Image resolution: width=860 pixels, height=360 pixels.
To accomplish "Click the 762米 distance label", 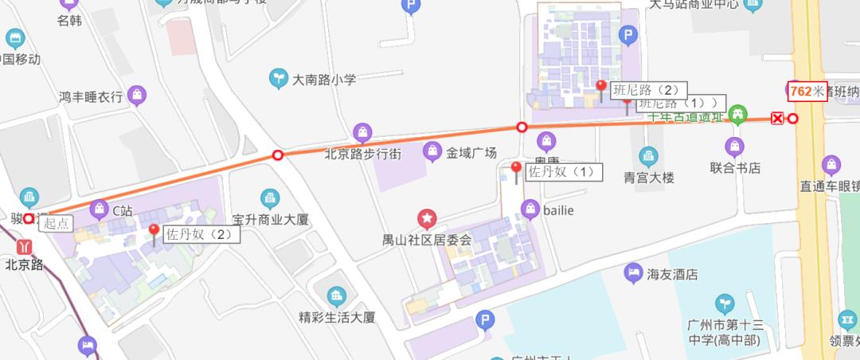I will (807, 91).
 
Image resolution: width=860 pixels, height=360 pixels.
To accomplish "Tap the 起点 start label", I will (56, 225).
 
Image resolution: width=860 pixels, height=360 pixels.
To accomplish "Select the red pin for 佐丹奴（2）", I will (154, 232).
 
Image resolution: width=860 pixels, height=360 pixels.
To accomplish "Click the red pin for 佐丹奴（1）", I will (516, 169).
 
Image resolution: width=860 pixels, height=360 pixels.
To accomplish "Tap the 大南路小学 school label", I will (323, 80).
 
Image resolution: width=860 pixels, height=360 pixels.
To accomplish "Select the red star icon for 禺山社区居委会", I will (427, 218).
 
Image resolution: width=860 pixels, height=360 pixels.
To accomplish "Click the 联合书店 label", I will (735, 168).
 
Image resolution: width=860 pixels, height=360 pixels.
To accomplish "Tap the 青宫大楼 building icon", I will (649, 156).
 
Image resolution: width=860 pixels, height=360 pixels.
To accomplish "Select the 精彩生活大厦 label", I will (336, 316).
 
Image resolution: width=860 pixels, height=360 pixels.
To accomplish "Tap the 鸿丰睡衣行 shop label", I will (91, 97).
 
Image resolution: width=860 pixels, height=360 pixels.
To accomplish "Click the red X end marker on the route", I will (777, 119).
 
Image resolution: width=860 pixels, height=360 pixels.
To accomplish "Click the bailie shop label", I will (557, 209).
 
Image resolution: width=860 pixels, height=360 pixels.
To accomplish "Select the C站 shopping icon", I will (100, 210).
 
